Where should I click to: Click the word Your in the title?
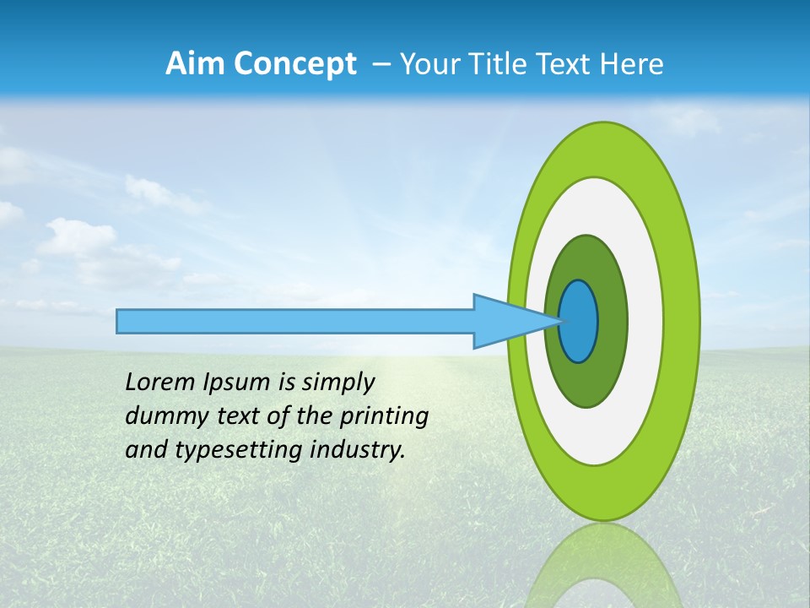coord(429,64)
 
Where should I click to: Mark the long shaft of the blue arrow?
coord(295,321)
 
